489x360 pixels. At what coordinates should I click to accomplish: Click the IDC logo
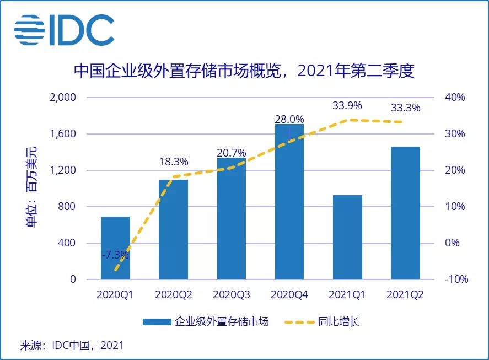(x=64, y=30)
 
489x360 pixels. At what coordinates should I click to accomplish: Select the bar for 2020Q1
(x=115, y=248)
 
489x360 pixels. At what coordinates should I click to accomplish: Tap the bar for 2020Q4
(x=289, y=202)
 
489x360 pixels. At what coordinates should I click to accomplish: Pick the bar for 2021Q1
(x=347, y=237)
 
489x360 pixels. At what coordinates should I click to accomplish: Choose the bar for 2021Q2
(x=405, y=213)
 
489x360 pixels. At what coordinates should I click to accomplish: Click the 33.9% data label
(x=347, y=105)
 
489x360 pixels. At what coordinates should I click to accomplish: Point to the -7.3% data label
(x=115, y=255)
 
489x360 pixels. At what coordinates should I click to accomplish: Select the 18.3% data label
(x=174, y=162)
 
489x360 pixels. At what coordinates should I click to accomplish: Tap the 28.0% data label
(x=289, y=119)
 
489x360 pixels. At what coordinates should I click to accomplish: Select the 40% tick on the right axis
(x=455, y=98)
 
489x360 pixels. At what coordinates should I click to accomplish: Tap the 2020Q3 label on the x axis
(x=231, y=295)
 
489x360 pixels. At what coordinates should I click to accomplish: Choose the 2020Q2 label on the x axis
(x=174, y=295)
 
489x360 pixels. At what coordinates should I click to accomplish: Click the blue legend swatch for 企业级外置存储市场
(x=157, y=322)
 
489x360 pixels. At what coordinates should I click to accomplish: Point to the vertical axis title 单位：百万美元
(x=33, y=187)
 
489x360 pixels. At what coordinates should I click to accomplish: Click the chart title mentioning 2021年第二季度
(x=244, y=71)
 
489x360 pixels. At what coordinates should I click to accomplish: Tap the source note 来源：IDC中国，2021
(x=72, y=346)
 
